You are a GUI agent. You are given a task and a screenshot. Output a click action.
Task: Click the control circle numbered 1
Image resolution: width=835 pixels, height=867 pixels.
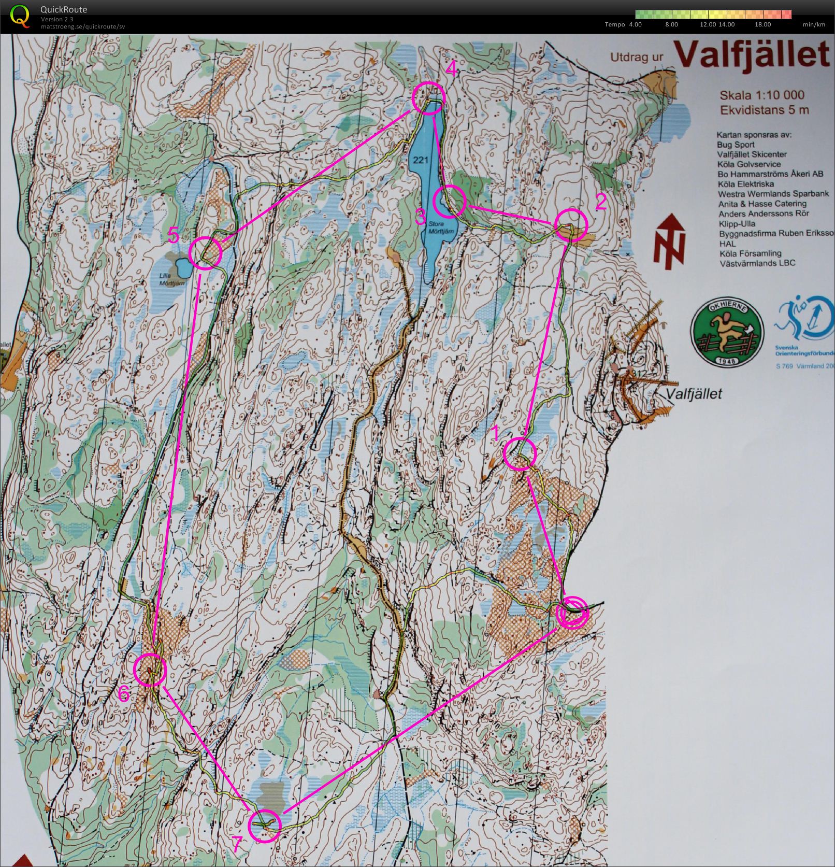(x=520, y=453)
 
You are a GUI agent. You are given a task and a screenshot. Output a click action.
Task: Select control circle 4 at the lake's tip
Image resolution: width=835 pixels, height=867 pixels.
(x=429, y=97)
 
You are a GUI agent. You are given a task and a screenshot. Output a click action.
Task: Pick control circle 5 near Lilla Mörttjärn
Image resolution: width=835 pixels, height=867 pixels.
(x=205, y=253)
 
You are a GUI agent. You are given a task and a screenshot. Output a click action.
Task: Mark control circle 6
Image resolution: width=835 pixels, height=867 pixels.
(x=150, y=670)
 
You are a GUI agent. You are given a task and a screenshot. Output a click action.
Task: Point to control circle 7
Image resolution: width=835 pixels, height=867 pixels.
(x=265, y=825)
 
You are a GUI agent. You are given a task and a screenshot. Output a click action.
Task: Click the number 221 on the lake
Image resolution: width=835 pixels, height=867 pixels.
(x=421, y=160)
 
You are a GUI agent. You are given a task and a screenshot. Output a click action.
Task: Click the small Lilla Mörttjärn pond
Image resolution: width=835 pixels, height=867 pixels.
(x=182, y=268)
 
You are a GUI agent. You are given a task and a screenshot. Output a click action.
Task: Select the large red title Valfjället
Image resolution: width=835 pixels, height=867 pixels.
(x=753, y=54)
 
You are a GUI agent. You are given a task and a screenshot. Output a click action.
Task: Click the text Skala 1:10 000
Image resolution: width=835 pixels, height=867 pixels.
(x=761, y=95)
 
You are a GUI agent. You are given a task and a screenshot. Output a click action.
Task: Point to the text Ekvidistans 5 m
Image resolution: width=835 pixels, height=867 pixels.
(x=764, y=110)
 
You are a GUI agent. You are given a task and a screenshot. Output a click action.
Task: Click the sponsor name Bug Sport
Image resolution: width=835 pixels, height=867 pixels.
(x=736, y=145)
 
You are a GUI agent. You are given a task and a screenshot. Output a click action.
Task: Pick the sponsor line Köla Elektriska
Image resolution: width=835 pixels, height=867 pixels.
(x=745, y=184)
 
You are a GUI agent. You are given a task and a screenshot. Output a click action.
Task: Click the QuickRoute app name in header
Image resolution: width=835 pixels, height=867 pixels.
(x=64, y=9)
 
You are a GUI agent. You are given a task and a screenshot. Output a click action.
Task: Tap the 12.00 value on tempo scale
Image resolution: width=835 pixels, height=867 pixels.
(x=708, y=24)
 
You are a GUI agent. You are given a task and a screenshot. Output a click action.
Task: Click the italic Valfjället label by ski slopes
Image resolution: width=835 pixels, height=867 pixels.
(x=694, y=394)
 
